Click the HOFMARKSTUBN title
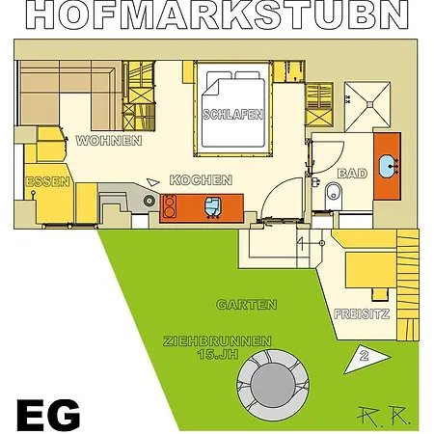(x=217, y=14)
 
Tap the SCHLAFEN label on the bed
(x=232, y=115)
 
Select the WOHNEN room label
(x=109, y=141)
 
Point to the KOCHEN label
(x=201, y=180)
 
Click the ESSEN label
(x=47, y=182)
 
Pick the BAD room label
(x=352, y=174)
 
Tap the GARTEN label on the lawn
(x=247, y=305)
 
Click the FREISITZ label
(x=362, y=313)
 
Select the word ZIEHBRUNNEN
(x=217, y=341)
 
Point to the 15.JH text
(x=218, y=354)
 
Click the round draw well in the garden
(x=273, y=385)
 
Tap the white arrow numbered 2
(x=366, y=360)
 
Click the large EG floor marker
(x=48, y=416)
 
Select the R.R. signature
(x=384, y=416)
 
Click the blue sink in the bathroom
(x=389, y=166)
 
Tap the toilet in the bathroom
(x=334, y=196)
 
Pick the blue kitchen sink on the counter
(x=212, y=207)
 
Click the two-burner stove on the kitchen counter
(x=170, y=206)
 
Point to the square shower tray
(x=367, y=105)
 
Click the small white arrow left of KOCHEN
(x=153, y=182)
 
